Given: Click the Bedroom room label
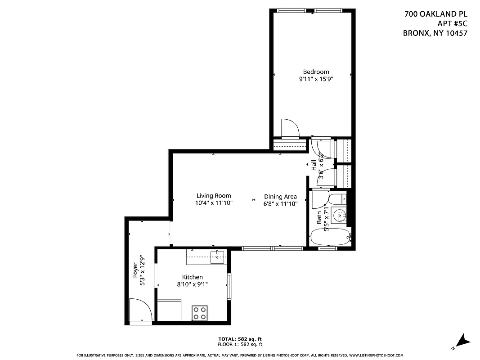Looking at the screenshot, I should click(316, 72).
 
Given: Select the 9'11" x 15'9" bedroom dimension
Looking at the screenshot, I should click(316, 79).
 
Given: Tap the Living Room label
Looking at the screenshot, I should click(214, 196).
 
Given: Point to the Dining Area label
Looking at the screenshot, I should click(280, 196).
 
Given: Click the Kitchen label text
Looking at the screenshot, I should click(192, 277).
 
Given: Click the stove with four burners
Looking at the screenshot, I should click(200, 313).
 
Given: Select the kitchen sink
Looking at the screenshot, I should click(218, 257).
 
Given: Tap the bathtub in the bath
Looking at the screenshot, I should click(331, 237).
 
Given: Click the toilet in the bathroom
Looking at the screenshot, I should click(337, 198).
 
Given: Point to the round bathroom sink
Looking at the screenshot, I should click(339, 215).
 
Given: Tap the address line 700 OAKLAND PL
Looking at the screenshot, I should click(433, 14).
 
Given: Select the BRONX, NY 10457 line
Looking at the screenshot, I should click(432, 33).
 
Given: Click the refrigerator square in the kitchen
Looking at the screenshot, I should click(169, 310).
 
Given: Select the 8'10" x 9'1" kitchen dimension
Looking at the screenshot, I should click(192, 284).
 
